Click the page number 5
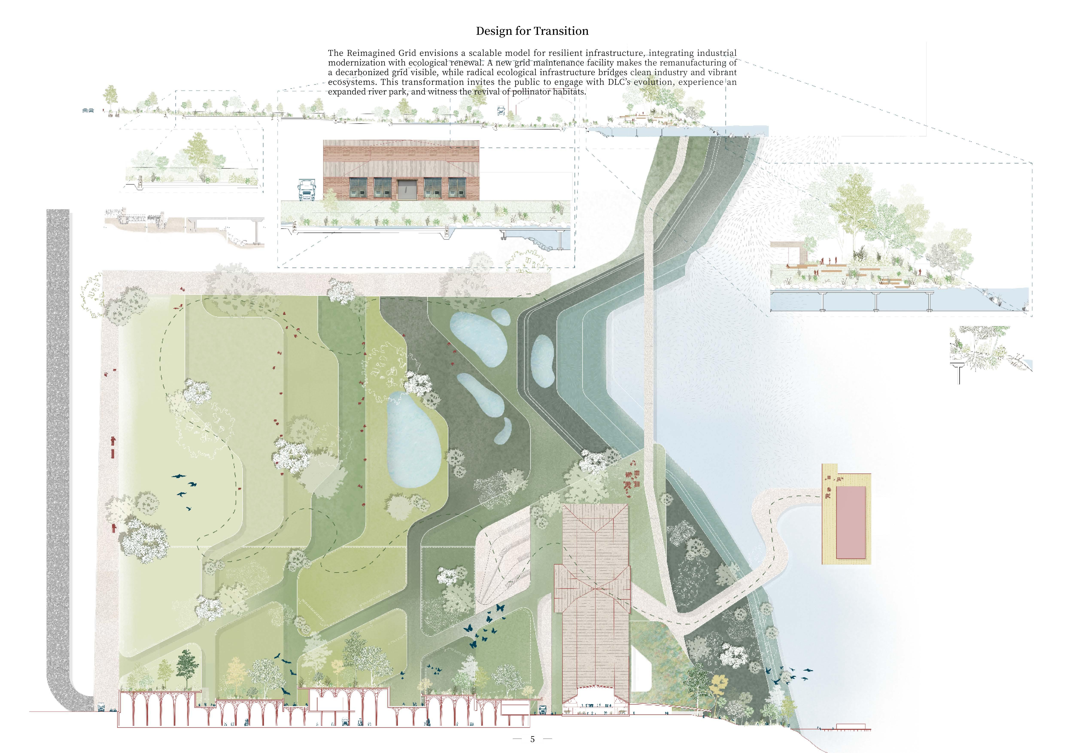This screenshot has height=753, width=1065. coord(532,739)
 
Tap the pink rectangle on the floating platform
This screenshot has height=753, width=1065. coord(851,522)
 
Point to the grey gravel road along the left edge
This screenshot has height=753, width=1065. coord(58,417)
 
